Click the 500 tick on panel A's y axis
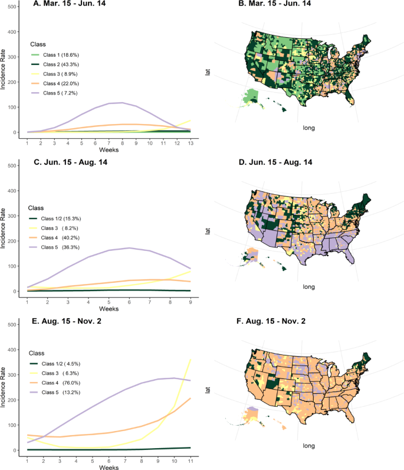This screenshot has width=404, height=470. (x=12, y=7)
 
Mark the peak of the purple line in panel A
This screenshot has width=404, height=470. (x=121, y=103)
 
